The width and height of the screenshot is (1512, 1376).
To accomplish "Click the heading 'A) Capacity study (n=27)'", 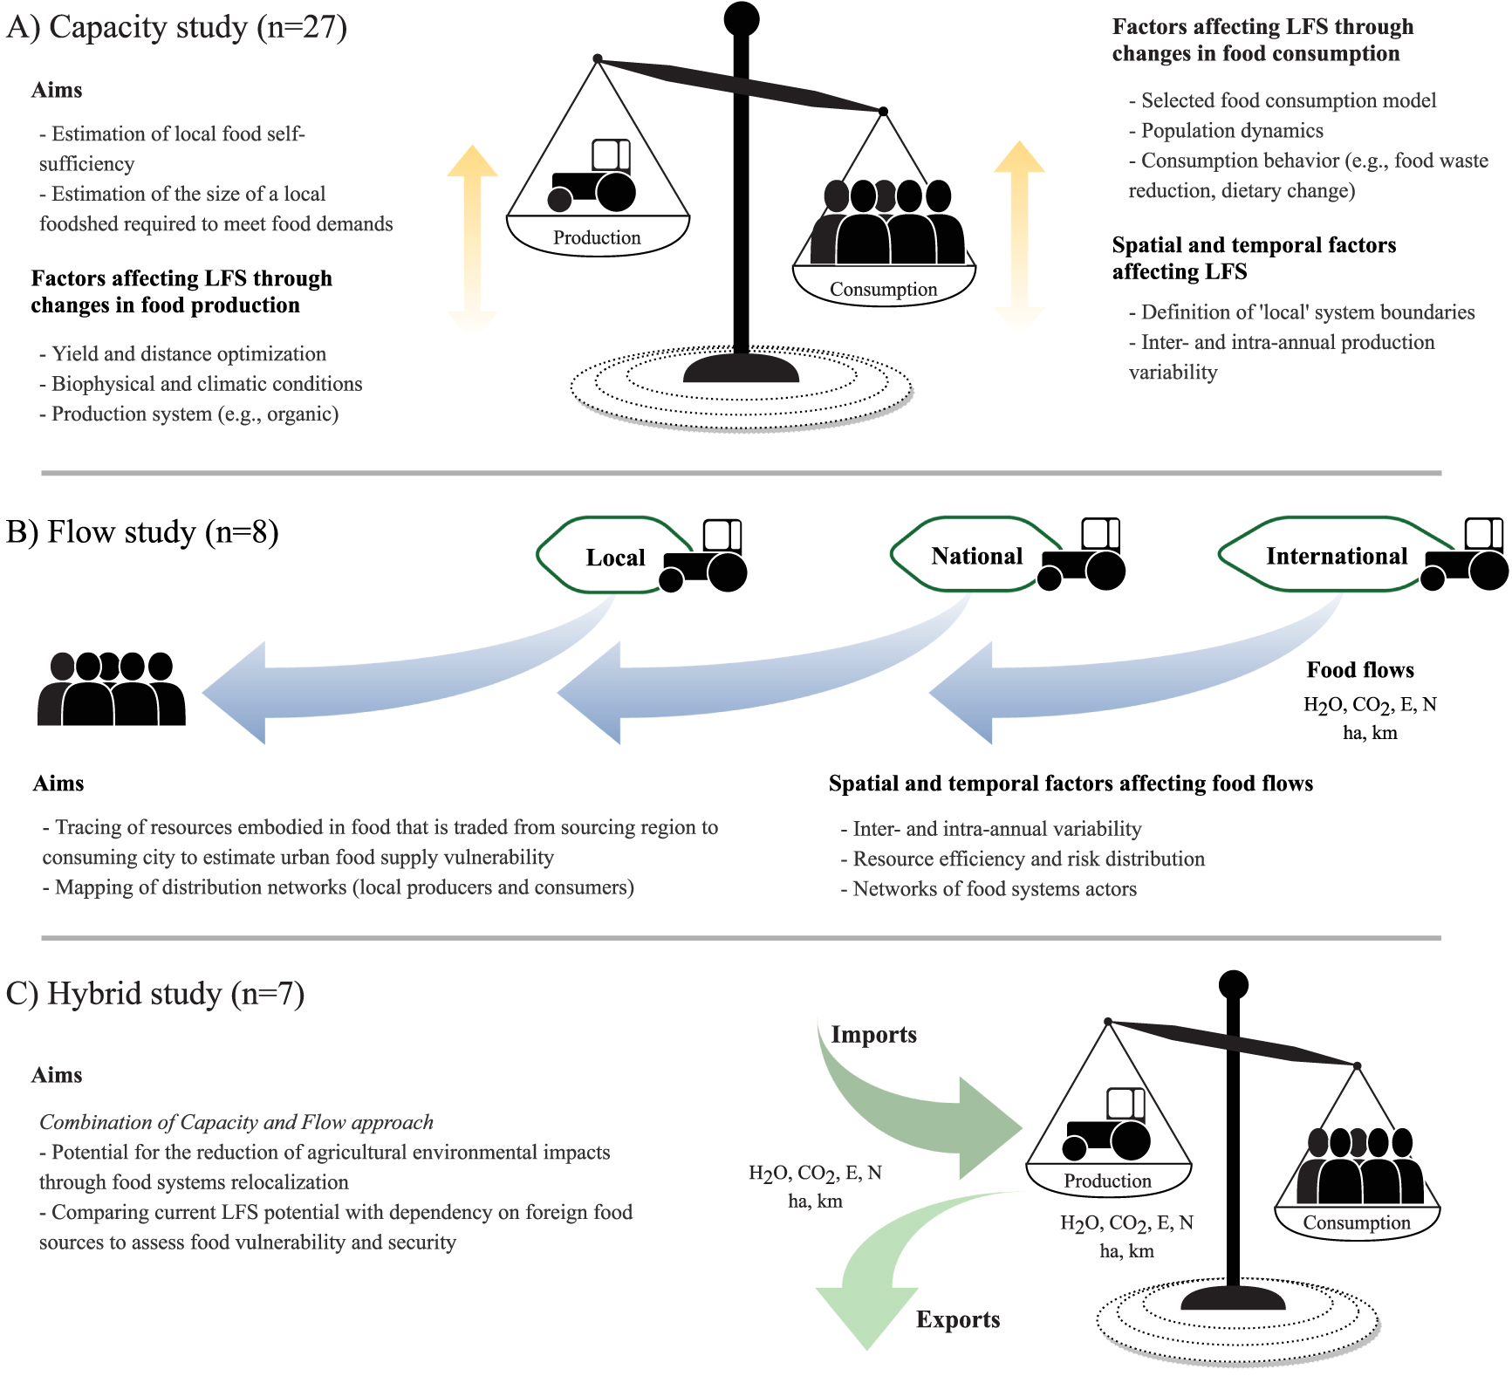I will tap(176, 27).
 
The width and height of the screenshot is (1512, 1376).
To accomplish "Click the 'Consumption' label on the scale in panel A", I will tap(883, 289).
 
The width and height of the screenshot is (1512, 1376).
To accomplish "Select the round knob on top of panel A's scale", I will tap(742, 17).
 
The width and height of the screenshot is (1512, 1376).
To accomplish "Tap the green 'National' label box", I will tap(975, 556).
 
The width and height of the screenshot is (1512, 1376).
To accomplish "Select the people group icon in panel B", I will tap(111, 689).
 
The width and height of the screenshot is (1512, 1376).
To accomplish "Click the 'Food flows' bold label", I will tap(1359, 670).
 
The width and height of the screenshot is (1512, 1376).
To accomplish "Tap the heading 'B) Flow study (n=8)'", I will tap(142, 531).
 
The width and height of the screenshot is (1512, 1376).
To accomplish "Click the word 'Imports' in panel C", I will tap(873, 1035).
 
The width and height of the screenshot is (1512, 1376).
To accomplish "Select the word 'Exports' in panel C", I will tap(957, 1319).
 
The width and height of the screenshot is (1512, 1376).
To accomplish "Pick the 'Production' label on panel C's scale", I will tap(1107, 1181).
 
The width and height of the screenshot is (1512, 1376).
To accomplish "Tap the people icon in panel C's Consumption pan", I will tap(1358, 1166).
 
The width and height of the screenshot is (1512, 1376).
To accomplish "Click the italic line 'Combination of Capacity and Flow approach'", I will tap(236, 1122).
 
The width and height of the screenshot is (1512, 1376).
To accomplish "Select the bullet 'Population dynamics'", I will tap(1231, 131).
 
